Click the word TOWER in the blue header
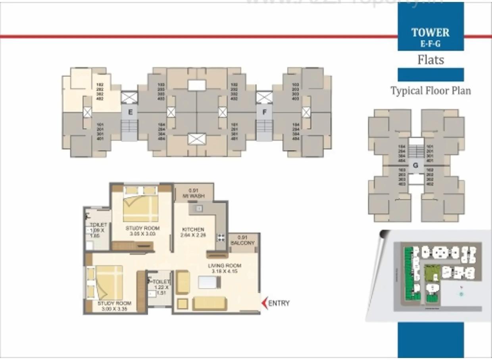pos(430,33)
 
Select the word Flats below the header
pos(430,60)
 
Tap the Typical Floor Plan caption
pos(430,90)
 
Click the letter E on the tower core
pos(130,112)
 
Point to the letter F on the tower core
pos(264,112)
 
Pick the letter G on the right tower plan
pos(415,165)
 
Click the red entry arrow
pos(264,303)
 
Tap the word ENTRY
pos(279,303)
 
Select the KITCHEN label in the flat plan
pos(193,230)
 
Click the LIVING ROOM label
pos(225,266)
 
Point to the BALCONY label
pos(242,243)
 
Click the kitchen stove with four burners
pos(221,237)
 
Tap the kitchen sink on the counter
pos(198,209)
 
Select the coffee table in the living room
pos(208,282)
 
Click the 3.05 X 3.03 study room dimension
pos(142,234)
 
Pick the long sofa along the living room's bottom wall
pos(209,303)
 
